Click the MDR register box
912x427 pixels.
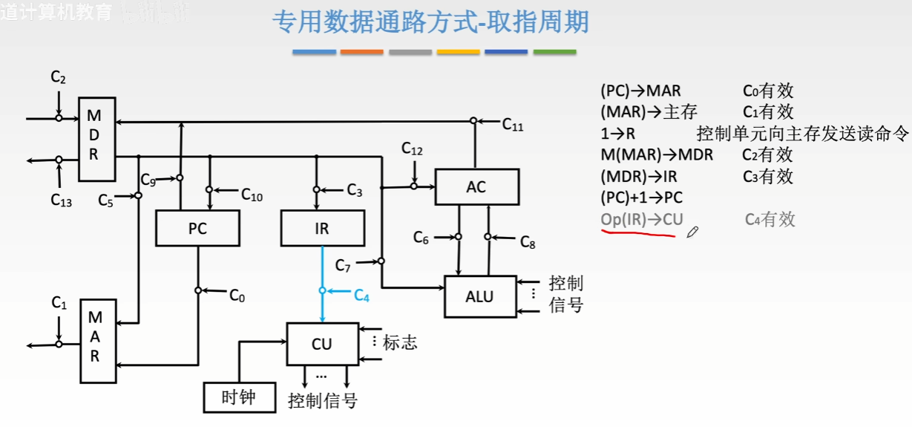pyautogui.click(x=97, y=138)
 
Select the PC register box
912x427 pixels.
pyautogui.click(x=197, y=228)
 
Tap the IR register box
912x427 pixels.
pyautogui.click(x=323, y=228)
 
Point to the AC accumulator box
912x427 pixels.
pyautogui.click(x=476, y=186)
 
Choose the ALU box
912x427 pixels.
pyautogui.click(x=479, y=296)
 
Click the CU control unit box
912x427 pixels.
pyautogui.click(x=321, y=344)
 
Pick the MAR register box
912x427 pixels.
pyautogui.click(x=97, y=341)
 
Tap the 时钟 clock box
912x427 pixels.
pyautogui.click(x=238, y=397)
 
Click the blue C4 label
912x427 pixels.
pyautogui.click(x=361, y=296)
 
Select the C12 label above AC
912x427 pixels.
pyautogui.click(x=412, y=149)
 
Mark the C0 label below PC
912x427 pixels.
pyautogui.click(x=237, y=296)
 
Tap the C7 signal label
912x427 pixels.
pyautogui.click(x=343, y=264)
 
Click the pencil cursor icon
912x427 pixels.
pyautogui.click(x=692, y=232)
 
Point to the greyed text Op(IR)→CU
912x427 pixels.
pyautogui.click(x=641, y=219)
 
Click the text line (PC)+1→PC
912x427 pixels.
pyautogui.click(x=641, y=198)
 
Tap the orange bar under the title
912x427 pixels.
pyautogui.click(x=361, y=52)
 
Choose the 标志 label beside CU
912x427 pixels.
pyautogui.click(x=400, y=342)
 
